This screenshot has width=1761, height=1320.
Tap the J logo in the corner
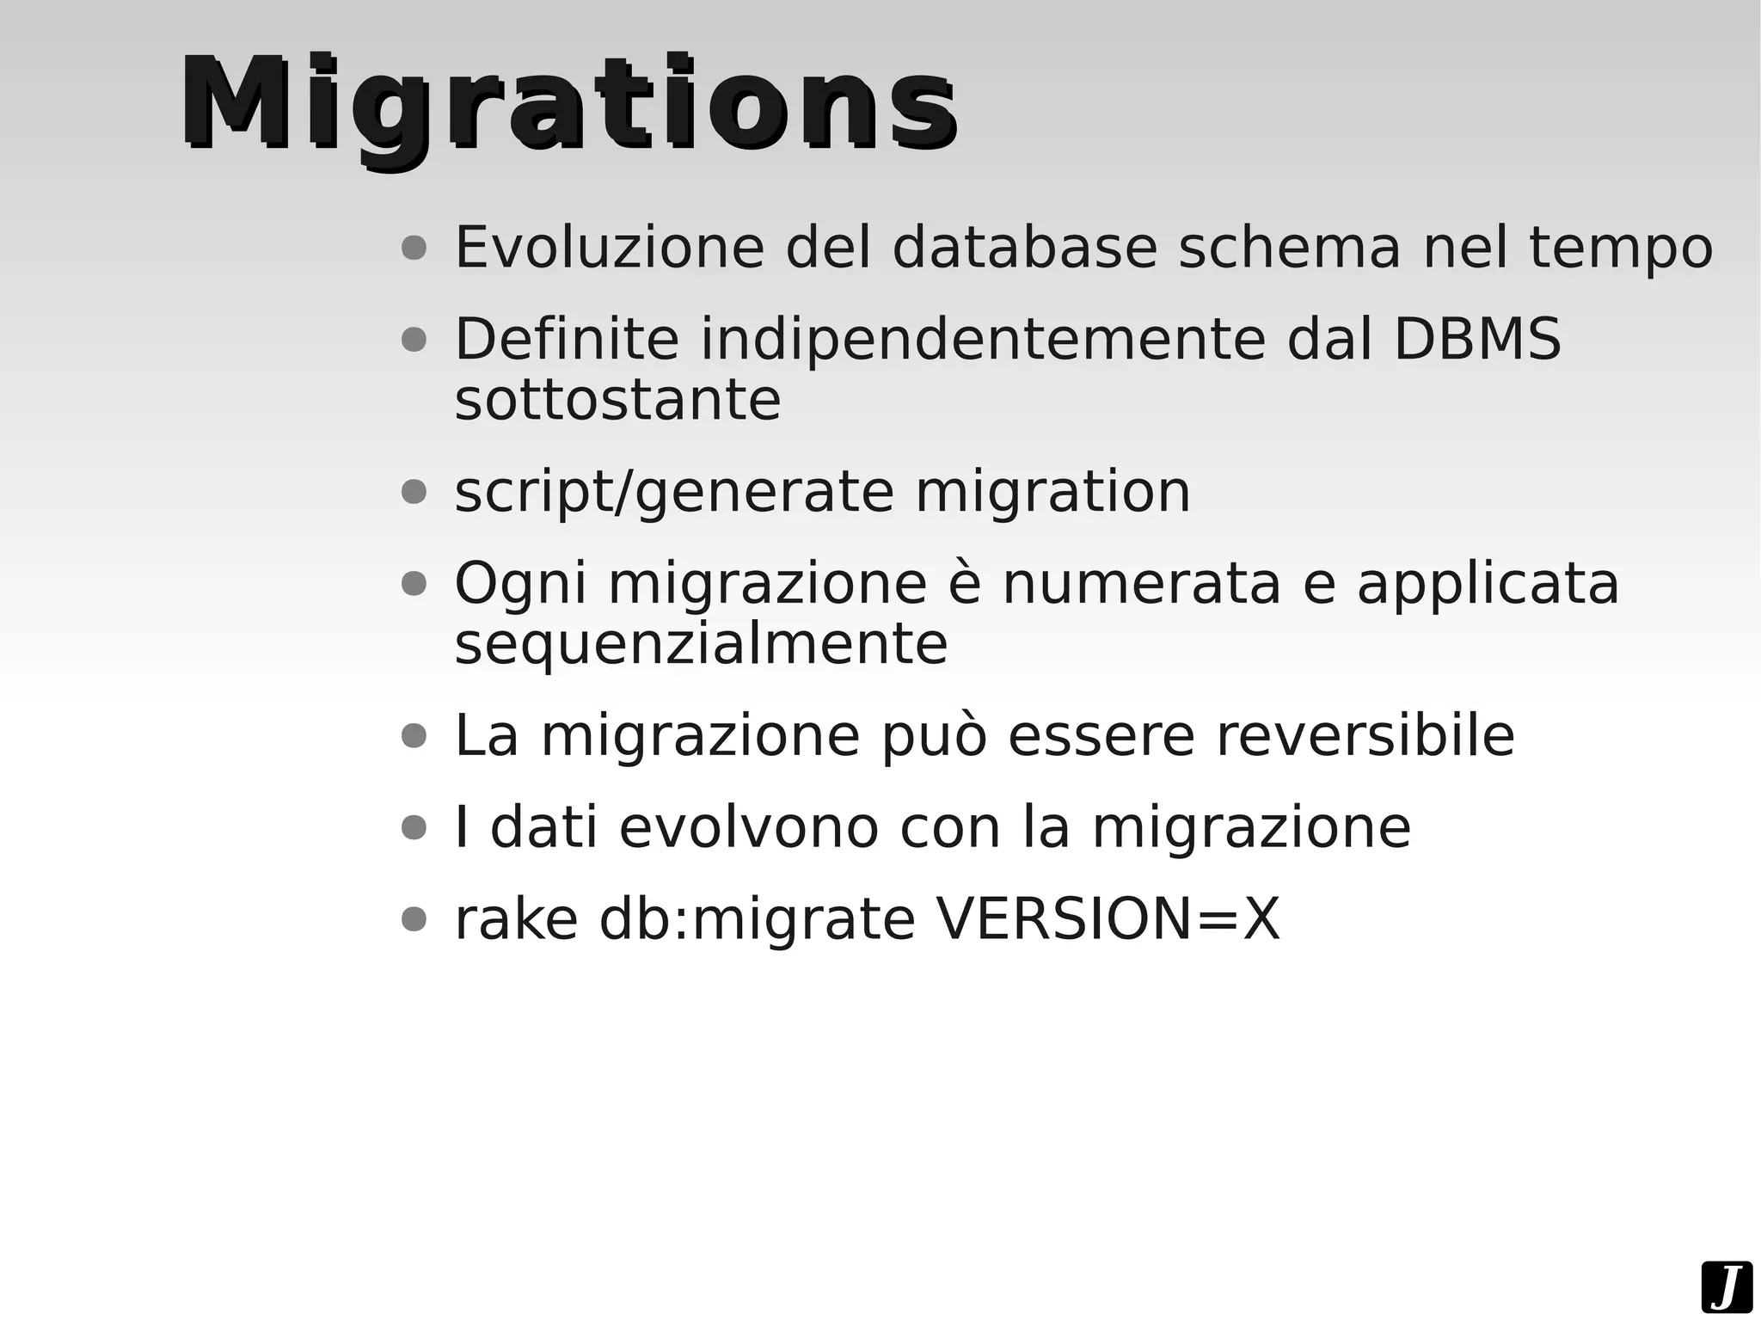click(x=1726, y=1287)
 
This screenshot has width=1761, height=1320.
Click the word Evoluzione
click(x=609, y=248)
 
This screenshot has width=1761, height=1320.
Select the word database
click(x=1025, y=248)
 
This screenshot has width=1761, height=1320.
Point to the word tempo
click(x=1621, y=248)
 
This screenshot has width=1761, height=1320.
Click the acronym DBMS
click(x=1476, y=339)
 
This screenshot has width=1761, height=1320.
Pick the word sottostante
click(x=617, y=400)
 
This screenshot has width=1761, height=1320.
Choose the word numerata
click(x=1142, y=583)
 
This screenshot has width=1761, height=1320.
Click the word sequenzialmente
click(x=701, y=644)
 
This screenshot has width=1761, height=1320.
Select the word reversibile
click(x=1365, y=736)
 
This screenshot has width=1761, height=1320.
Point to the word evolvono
click(x=749, y=827)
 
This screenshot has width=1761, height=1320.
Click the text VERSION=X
click(x=1108, y=919)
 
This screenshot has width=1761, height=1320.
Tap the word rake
click(x=516, y=919)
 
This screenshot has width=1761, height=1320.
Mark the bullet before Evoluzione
click(x=414, y=249)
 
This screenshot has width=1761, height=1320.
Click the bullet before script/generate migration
click(x=414, y=493)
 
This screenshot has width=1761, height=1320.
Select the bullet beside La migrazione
click(x=414, y=736)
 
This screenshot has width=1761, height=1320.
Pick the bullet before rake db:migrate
click(x=414, y=919)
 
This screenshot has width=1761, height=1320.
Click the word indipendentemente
click(x=983, y=339)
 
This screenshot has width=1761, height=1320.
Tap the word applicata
click(x=1488, y=583)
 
